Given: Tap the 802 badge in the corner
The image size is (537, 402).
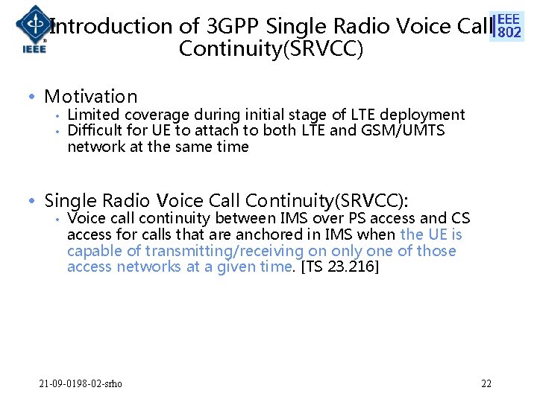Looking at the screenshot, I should (x=509, y=26).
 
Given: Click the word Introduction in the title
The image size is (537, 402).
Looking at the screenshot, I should (x=110, y=27).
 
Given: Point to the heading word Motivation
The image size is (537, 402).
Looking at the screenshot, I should (x=91, y=96).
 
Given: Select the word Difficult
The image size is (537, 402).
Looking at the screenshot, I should (x=92, y=130).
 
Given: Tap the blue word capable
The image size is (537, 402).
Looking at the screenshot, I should (x=92, y=251).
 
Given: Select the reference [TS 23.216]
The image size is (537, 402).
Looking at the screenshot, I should (x=339, y=267).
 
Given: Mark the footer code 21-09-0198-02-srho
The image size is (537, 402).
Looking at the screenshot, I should (x=81, y=383).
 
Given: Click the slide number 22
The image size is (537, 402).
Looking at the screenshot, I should (x=486, y=383).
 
